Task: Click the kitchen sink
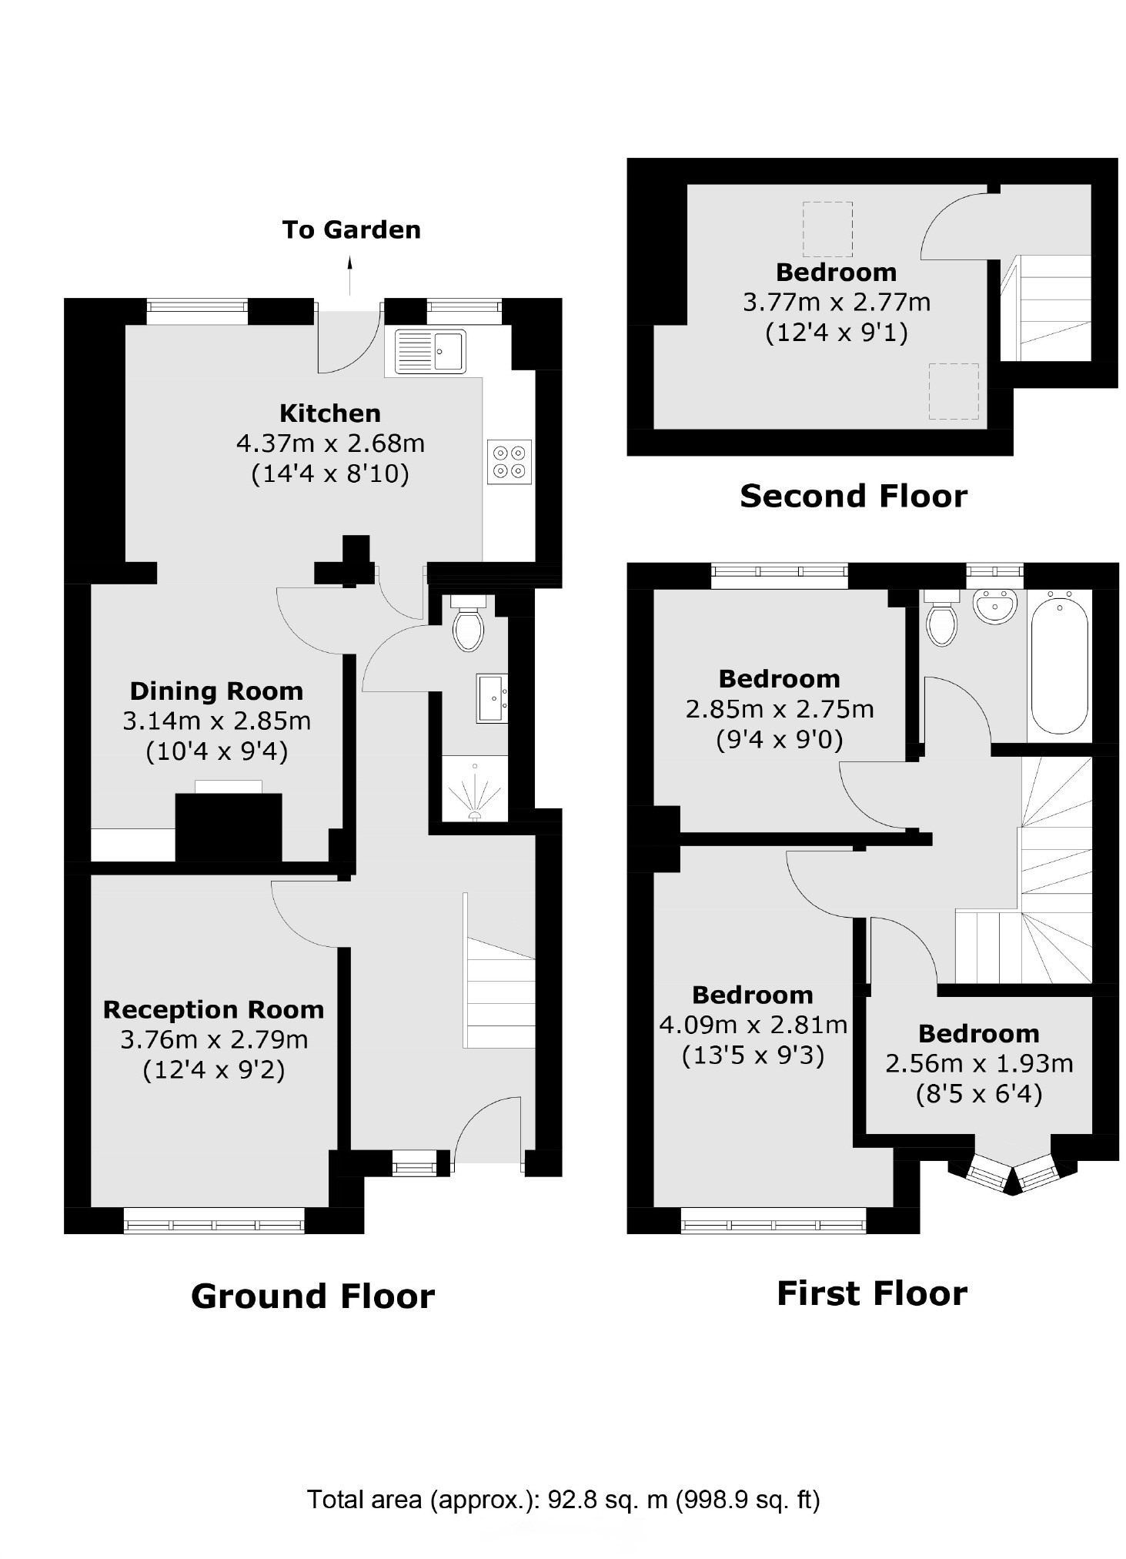point(430,351)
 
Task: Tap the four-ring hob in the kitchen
point(510,461)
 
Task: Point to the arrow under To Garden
point(350,276)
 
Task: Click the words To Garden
point(352,229)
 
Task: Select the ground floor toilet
point(468,623)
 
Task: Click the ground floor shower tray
point(475,789)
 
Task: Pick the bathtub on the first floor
point(1060,664)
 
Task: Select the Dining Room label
point(216,691)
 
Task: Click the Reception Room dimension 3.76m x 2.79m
point(214,1039)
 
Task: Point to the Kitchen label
point(330,413)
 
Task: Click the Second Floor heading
point(854,496)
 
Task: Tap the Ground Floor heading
point(312,1296)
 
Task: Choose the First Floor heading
point(872,1293)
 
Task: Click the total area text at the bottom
point(564,1500)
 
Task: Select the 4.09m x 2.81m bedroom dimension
point(753,1025)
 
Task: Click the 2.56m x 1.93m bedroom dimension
point(979,1063)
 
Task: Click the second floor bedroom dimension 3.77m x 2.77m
point(837,302)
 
